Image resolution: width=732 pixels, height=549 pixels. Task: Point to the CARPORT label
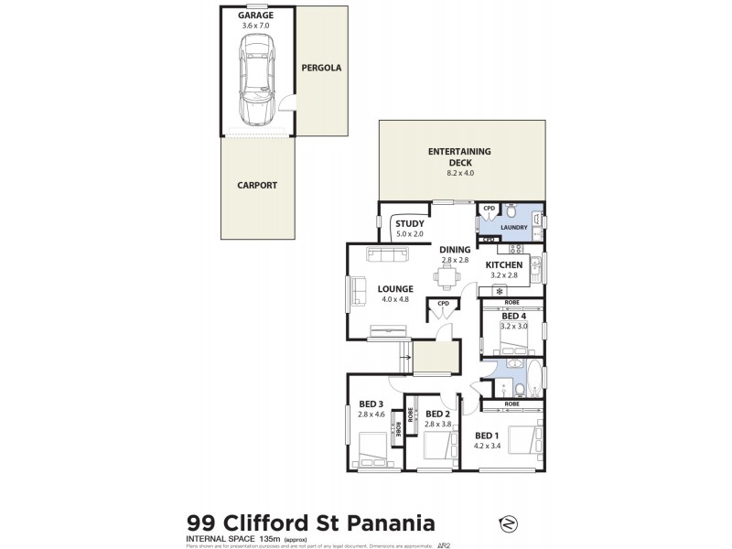[x=256, y=185]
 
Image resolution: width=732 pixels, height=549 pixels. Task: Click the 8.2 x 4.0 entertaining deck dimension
[x=460, y=173]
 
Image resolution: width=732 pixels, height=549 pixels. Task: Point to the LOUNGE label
[x=396, y=289]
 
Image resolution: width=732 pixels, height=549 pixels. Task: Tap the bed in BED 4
[x=517, y=347]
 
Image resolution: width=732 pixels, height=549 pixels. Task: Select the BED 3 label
[x=371, y=404]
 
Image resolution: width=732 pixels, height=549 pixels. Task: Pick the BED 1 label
[x=487, y=436]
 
